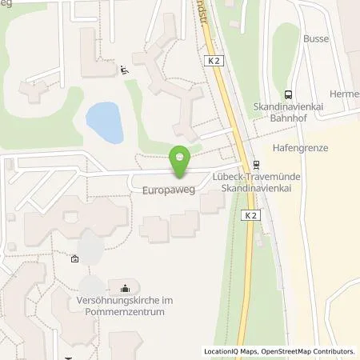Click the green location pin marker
pos(180,160)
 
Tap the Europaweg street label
pos(166,193)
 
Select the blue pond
pos(105,121)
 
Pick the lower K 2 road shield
pos(250,215)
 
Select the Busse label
pos(316,38)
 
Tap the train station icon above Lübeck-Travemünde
pos(256,165)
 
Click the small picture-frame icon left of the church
pos(74,259)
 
